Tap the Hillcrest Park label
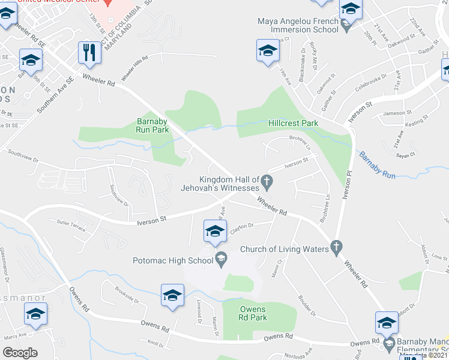click(x=292, y=123)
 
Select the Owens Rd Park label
click(x=253, y=313)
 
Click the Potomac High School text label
click(x=173, y=260)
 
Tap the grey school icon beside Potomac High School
click(x=221, y=260)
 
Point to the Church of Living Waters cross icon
click(x=336, y=247)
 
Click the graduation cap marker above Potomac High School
click(x=215, y=231)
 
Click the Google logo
click(x=20, y=352)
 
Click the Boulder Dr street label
click(x=306, y=304)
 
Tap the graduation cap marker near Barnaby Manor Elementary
click(x=387, y=322)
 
